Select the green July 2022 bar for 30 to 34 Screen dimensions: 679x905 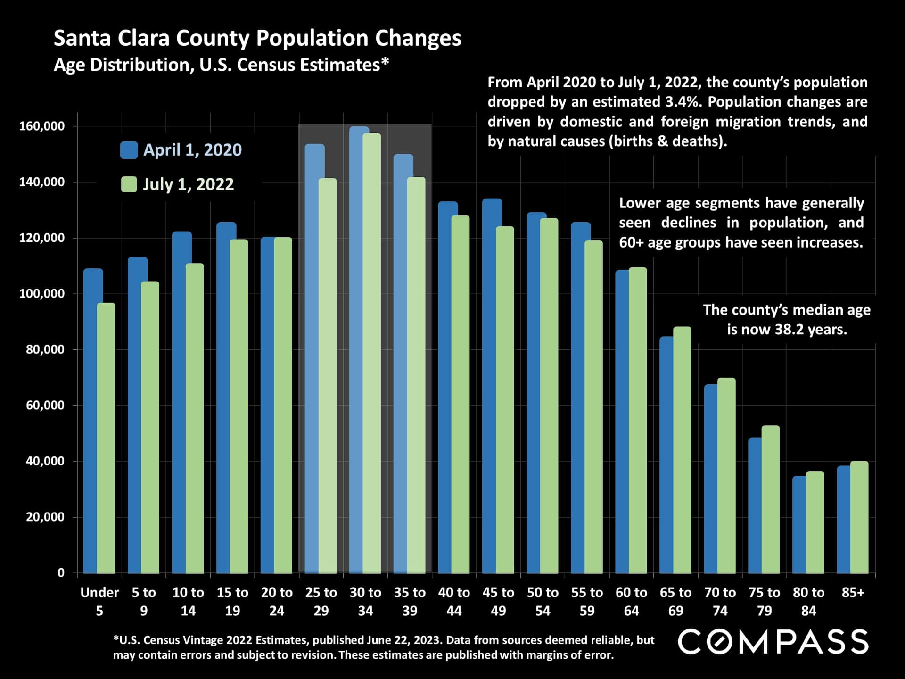coord(372,354)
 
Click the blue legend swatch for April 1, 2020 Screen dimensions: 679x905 coord(129,150)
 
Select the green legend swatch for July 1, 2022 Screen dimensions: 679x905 coord(129,184)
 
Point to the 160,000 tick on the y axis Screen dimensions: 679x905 coord(42,126)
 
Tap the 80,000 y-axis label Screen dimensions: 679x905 coord(45,349)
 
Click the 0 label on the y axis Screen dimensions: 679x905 coord(61,573)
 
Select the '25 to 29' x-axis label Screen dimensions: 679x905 coord(321,601)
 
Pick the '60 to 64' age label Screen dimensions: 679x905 coord(631,601)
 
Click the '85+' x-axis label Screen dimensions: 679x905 coord(853,593)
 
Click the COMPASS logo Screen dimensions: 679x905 coord(773,642)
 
